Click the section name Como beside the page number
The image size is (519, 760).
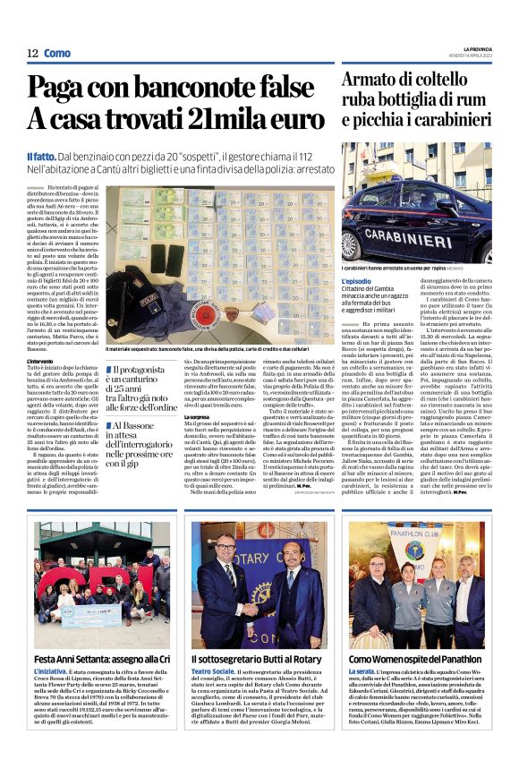(56, 53)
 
